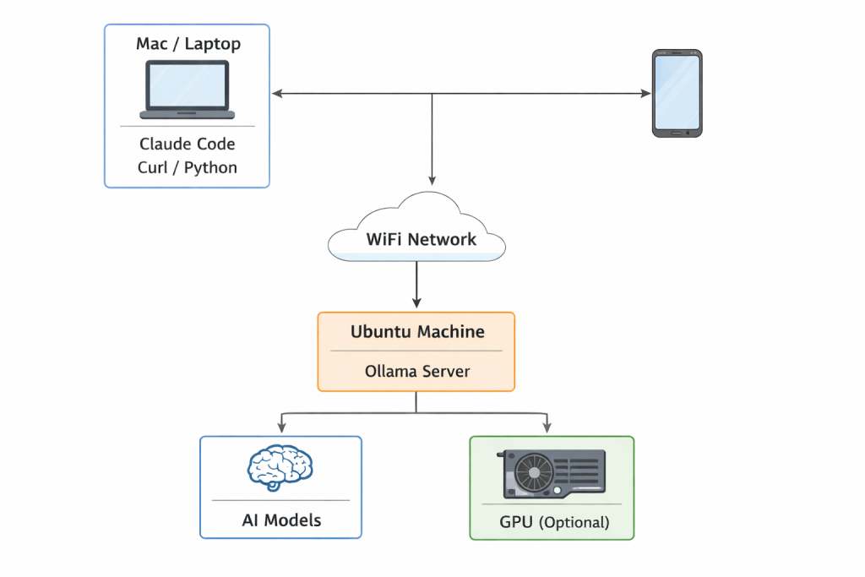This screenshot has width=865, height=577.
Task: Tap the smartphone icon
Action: (x=677, y=93)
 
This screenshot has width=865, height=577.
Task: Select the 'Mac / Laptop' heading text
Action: (x=187, y=44)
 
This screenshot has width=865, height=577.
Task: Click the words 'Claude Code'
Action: (x=187, y=144)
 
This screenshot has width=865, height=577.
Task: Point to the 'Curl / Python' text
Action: (x=187, y=167)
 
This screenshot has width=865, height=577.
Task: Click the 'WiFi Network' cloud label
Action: (x=421, y=239)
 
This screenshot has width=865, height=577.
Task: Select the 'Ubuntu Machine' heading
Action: (x=417, y=331)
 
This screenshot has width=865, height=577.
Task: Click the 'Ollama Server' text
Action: (x=417, y=371)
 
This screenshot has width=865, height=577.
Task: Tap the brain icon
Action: (x=280, y=467)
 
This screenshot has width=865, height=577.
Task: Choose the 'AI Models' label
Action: (x=280, y=520)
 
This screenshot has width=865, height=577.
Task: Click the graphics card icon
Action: (x=552, y=473)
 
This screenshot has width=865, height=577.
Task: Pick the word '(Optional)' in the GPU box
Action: (x=574, y=522)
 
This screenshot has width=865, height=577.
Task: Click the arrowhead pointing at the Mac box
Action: (x=276, y=94)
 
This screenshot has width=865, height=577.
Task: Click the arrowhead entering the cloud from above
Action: (x=432, y=180)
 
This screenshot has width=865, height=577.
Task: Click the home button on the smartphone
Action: (x=677, y=132)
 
